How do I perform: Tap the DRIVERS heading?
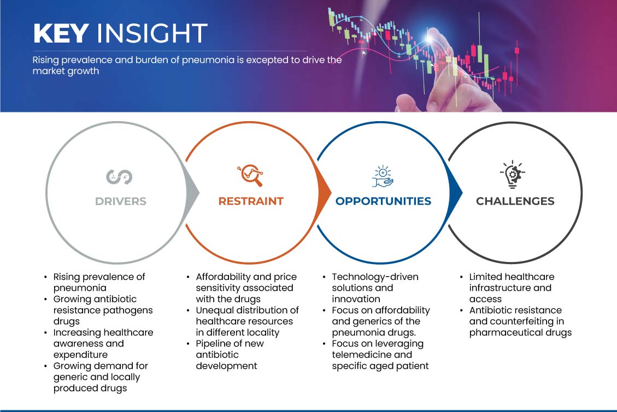121,201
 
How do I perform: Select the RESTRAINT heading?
251,201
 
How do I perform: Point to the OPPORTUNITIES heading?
383,201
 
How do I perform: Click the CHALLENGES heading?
515,201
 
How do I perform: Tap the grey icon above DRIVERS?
119,177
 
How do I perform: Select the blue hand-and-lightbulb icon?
383,176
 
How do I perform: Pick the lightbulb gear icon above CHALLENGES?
513,175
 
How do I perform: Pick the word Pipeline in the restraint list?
212,344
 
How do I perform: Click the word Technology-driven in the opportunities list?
375,277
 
